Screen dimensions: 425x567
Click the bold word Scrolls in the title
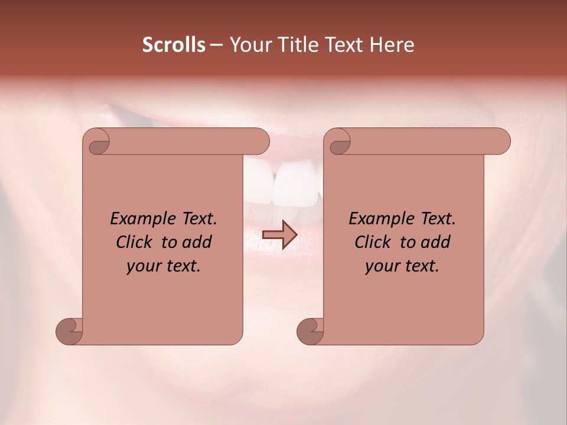[174, 45]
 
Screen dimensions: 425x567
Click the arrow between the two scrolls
[279, 234]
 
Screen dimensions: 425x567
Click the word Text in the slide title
[341, 45]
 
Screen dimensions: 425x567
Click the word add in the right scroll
[436, 242]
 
